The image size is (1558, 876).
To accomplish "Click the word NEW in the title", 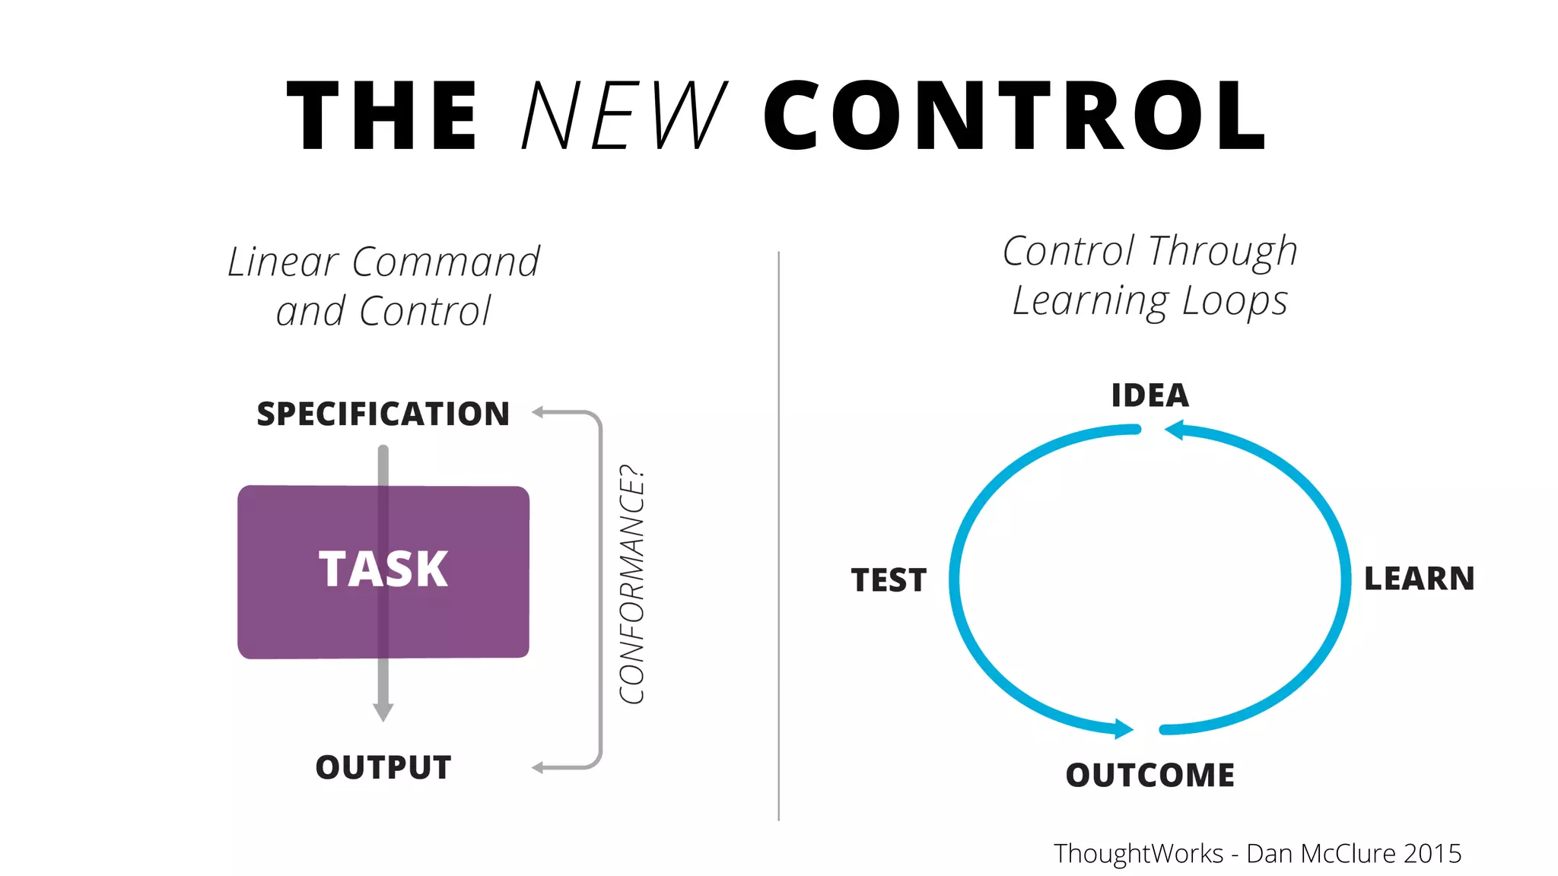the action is coord(624,116).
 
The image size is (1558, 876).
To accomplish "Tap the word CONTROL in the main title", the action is coord(1015,116).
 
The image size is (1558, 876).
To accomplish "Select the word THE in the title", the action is coord(382,116).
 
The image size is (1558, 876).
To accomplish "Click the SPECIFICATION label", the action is coord(383,414).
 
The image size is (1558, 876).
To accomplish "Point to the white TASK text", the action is coord(383,569).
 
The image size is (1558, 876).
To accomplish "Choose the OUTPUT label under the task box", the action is coord(383,767).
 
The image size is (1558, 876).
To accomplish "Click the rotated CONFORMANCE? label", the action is coord(632,584).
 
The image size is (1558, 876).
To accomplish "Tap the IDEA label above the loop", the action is coord(1149,395).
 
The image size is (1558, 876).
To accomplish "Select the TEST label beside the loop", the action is coord(889,580).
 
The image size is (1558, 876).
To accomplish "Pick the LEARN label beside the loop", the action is coord(1419,579).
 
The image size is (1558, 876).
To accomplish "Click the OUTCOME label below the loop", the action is coord(1149,775).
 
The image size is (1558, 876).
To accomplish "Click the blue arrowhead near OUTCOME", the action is coord(1124,729).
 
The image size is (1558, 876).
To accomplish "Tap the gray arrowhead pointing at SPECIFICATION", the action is coord(537,412).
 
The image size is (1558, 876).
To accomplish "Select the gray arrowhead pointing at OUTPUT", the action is coord(537,768).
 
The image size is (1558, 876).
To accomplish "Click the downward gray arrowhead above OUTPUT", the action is coord(383,712).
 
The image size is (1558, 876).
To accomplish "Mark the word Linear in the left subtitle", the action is coord(282,262).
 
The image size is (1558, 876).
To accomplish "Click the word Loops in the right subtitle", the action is coord(1235,301).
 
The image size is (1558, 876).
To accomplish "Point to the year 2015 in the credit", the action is coord(1432,853).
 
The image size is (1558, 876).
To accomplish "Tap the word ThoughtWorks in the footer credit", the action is coord(1138,853).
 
